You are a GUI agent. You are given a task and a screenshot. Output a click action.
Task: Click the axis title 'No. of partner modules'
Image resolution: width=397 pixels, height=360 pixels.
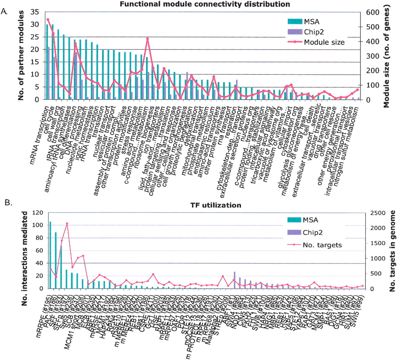coord(21,56)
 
